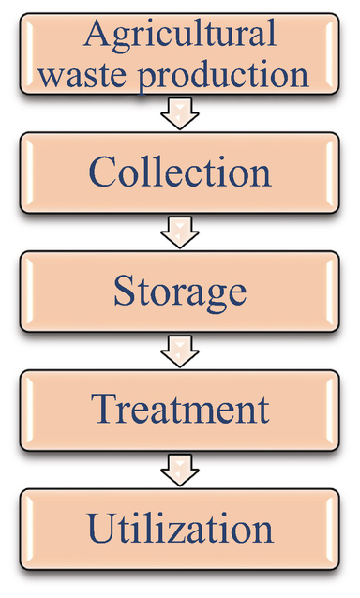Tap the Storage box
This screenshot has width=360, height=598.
click(180, 293)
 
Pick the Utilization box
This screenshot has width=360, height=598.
click(180, 530)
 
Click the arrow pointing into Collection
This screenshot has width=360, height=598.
click(179, 116)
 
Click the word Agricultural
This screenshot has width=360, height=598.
click(180, 36)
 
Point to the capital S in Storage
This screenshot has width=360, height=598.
click(125, 292)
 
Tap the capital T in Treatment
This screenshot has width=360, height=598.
click(102, 410)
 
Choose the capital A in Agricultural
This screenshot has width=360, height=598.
click(96, 35)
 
